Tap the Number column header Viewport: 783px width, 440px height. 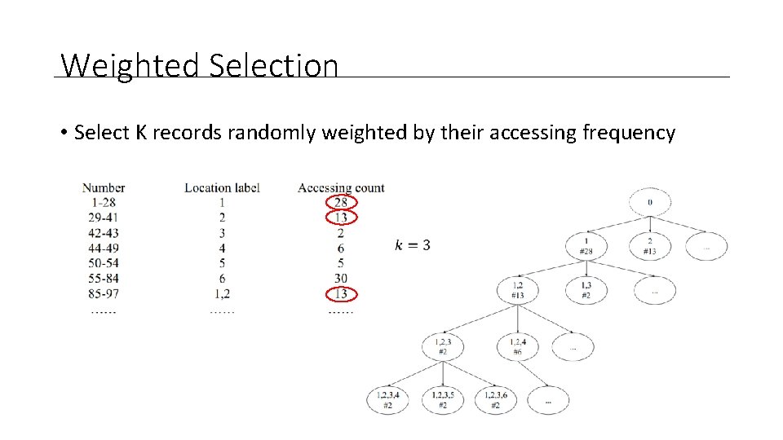pos(104,187)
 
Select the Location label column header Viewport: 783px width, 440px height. pos(222,187)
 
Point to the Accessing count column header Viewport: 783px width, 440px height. pos(341,187)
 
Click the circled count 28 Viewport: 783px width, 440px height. pos(341,202)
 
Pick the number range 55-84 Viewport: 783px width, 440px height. pos(104,279)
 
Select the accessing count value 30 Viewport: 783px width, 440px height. pos(341,279)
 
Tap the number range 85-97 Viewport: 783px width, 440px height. pos(104,294)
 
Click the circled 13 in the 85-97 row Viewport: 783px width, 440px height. pos(341,294)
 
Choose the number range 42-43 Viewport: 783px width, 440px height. pos(104,233)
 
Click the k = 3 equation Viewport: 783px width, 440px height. pos(413,245)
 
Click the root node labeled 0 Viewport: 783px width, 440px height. pos(649,202)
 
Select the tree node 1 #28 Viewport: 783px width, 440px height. pos(586,246)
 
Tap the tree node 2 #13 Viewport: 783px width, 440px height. pos(649,246)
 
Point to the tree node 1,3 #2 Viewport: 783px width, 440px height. pos(586,290)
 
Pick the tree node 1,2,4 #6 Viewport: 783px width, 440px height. pos(518,347)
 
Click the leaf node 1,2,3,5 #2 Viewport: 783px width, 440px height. pos(442,400)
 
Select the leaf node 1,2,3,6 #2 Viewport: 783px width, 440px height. pos(495,400)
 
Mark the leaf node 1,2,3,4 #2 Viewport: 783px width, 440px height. pos(387,400)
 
